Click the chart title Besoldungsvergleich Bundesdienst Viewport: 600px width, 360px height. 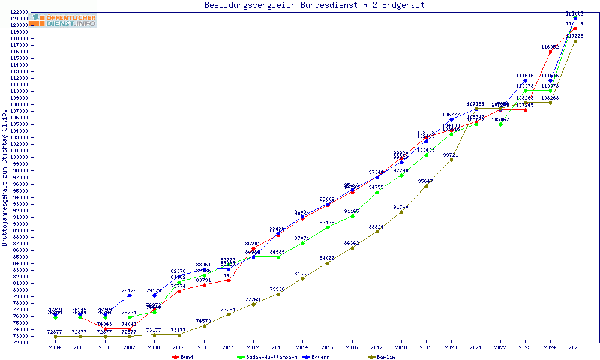[315, 5]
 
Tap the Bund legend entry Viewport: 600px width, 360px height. [186, 357]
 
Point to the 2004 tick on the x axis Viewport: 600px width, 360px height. [55, 347]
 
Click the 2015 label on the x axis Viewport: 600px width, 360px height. [327, 347]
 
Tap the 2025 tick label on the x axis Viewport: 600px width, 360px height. [575, 347]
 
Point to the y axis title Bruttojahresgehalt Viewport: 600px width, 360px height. [5, 178]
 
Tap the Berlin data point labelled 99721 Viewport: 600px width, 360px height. [451, 160]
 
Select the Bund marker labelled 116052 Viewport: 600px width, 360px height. [550, 52]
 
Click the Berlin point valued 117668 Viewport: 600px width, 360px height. [575, 41]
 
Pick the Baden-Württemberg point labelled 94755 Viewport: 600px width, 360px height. [377, 192]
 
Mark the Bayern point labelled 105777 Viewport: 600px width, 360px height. [451, 119]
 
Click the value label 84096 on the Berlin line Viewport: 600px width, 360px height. [327, 258]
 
